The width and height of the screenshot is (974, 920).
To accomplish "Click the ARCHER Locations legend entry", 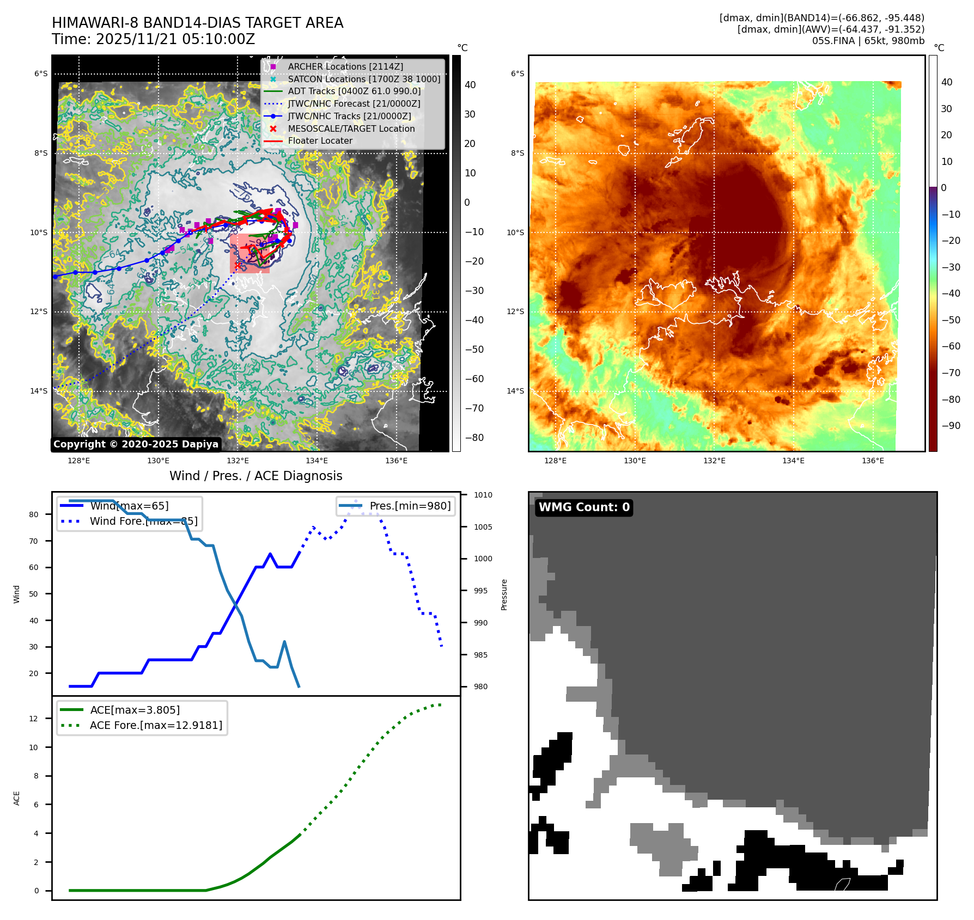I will (345, 66).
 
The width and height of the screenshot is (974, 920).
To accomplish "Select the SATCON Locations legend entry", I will (364, 79).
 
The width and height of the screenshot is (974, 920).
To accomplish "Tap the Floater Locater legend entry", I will (320, 140).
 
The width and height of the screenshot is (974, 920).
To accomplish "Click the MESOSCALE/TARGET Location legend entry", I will (351, 128).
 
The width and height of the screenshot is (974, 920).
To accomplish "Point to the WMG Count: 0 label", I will (584, 507).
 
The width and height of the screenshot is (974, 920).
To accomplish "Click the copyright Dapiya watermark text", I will (136, 444).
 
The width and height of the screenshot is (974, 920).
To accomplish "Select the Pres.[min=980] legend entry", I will (410, 506).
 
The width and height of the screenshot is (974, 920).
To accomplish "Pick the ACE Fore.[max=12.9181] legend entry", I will (156, 725).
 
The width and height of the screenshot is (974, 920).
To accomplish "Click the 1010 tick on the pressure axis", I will (483, 495).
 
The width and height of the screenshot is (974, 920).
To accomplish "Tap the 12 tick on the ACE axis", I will (34, 719).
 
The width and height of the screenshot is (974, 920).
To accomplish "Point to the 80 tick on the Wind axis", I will (34, 514).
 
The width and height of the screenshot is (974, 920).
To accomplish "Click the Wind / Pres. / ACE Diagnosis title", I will (256, 476).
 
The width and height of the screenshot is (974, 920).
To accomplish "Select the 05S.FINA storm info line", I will (868, 41).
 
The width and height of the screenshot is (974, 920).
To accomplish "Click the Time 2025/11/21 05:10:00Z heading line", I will (153, 39).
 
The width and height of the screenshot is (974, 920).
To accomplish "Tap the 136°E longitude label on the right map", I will (873, 461).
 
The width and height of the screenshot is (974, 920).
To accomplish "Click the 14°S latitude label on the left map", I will (39, 391).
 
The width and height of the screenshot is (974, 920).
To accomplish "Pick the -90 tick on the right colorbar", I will (951, 426).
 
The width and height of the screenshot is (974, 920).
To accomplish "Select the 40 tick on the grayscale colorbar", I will (470, 85).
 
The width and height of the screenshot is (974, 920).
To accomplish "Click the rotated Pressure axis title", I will (504, 594).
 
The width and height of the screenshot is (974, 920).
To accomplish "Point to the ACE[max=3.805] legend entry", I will (135, 710).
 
